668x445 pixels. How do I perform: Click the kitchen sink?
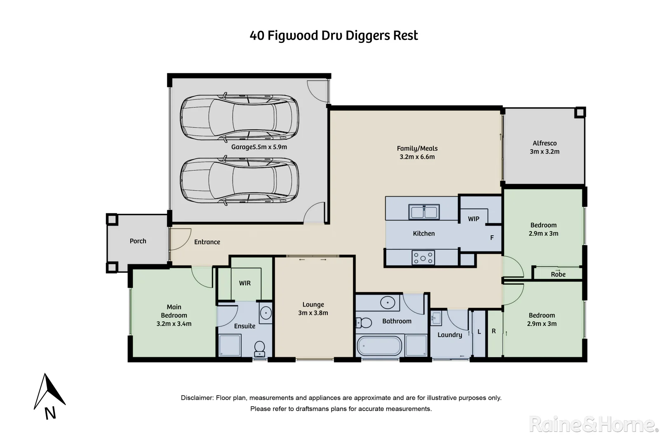coord(423,212)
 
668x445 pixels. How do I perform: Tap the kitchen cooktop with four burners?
coord(423,258)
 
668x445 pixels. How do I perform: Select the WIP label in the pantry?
coord(473,219)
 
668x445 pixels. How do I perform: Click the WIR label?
coord(245,283)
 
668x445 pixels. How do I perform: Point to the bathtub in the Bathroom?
coord(379,346)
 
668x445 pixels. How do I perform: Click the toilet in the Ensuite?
coord(259,348)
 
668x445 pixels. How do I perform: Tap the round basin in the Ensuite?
coord(266,313)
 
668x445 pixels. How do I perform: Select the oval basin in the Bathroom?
coord(388,303)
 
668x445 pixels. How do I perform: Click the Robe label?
coord(558,274)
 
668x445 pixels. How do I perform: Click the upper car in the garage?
coord(239,117)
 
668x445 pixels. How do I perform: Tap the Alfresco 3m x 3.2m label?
coord(544,148)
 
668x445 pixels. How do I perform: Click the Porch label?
coord(138,241)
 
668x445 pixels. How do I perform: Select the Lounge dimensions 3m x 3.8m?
coord(313,313)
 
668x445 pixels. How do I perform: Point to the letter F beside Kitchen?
coord(492,238)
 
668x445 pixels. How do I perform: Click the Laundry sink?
coord(436,319)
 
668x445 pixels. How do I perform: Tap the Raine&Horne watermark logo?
coord(593,424)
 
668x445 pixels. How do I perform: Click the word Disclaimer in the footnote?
coord(197,398)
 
